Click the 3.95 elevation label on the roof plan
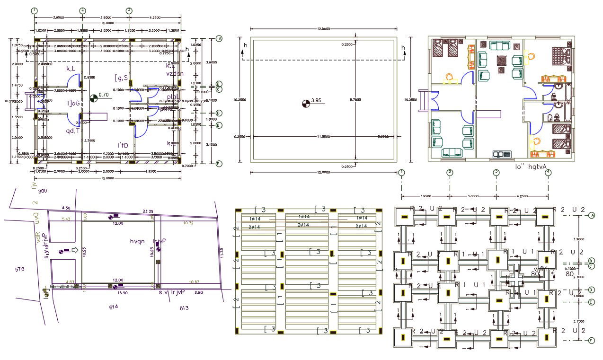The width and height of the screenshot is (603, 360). click(x=316, y=100)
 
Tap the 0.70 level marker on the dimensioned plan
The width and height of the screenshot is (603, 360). click(x=104, y=95)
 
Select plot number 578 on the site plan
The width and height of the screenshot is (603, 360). click(x=19, y=269)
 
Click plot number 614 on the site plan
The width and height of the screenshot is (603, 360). click(x=113, y=307)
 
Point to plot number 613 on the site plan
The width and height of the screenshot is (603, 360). click(x=184, y=308)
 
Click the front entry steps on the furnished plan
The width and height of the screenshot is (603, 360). click(x=423, y=101)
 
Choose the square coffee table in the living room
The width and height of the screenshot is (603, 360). click(x=501, y=61)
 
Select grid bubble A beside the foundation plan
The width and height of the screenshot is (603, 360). click(x=591, y=216)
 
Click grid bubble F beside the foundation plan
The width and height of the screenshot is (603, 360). click(x=591, y=341)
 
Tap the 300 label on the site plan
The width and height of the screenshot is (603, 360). click(x=43, y=191)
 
